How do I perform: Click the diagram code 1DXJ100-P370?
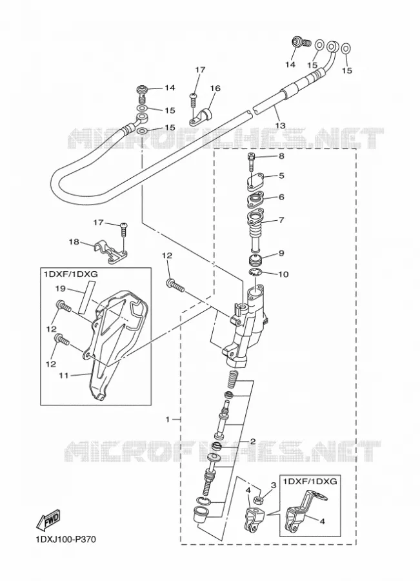click(66, 540)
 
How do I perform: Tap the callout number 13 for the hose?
click(281, 125)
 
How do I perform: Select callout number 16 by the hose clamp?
click(215, 88)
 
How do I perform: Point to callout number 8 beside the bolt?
click(281, 156)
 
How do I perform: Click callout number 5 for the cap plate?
click(281, 175)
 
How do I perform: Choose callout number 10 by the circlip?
click(283, 274)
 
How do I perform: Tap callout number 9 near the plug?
click(281, 254)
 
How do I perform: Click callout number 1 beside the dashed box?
click(167, 420)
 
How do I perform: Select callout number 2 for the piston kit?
click(253, 442)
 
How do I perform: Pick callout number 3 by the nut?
click(274, 485)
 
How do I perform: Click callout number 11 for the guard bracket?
click(63, 375)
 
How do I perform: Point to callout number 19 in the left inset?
click(61, 288)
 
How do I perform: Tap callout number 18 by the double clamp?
click(74, 242)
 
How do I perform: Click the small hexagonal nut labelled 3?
click(259, 502)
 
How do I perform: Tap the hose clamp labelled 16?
click(200, 116)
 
